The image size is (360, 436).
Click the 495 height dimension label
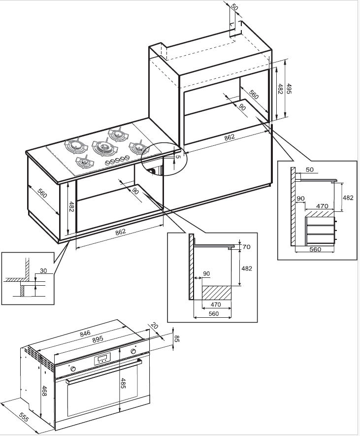pyautogui.click(x=289, y=89)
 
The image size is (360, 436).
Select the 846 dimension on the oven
pyautogui.click(x=85, y=333)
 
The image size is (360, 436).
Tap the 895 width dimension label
pyautogui.click(x=98, y=338)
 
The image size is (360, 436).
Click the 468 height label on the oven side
pyautogui.click(x=44, y=390)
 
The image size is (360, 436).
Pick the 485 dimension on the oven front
pyautogui.click(x=124, y=383)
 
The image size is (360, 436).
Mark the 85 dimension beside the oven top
pyautogui.click(x=176, y=338)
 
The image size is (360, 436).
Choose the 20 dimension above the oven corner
pyautogui.click(x=155, y=326)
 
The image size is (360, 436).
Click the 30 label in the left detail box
pyautogui.click(x=43, y=270)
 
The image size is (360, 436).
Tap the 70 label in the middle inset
pyautogui.click(x=246, y=247)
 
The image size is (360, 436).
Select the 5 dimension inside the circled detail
pyautogui.click(x=178, y=157)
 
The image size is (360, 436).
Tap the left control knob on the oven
pyautogui.click(x=73, y=369)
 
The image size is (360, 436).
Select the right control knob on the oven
pyautogui.click(x=133, y=351)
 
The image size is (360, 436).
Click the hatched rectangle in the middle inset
pyautogui.click(x=216, y=293)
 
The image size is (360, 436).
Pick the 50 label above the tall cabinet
pyautogui.click(x=234, y=7)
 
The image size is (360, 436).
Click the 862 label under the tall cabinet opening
pyautogui.click(x=229, y=137)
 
